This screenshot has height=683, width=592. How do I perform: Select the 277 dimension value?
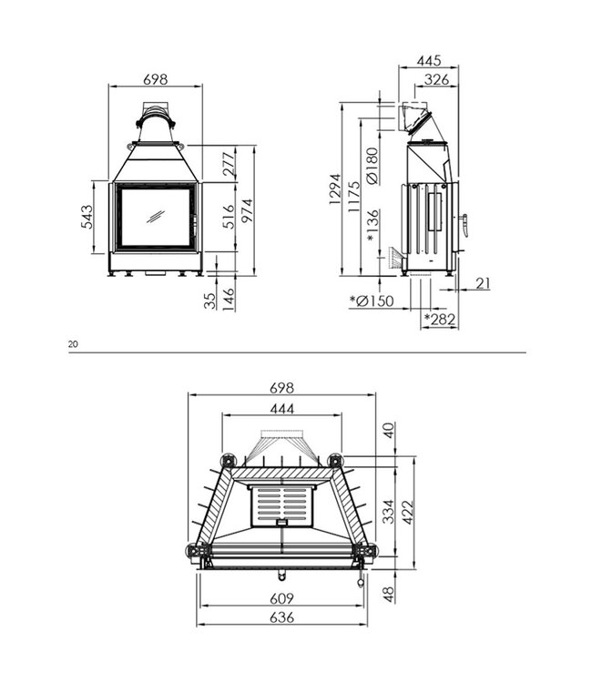pos(229,164)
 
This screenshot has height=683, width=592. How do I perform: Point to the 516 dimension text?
pos(229,216)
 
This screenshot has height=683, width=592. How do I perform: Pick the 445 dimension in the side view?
pos(428,60)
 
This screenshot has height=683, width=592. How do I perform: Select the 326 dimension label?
pos(437,80)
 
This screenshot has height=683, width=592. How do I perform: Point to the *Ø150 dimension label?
pos(373,301)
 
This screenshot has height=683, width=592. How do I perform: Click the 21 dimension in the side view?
pos(482,284)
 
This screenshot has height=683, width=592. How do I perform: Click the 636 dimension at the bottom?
pos(282,618)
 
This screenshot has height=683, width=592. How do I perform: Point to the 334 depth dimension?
pos(389,511)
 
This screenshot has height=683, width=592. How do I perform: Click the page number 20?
pos(73,344)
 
